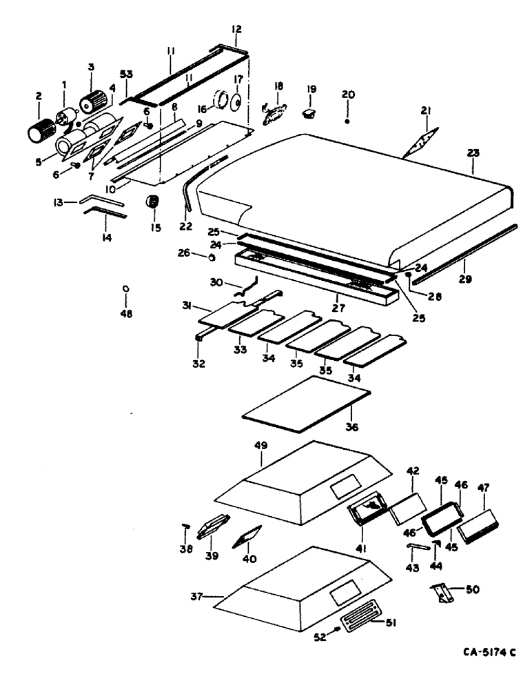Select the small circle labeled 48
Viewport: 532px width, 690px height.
coord(125,288)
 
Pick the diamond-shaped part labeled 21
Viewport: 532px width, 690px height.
coord(422,143)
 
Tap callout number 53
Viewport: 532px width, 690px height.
coord(127,74)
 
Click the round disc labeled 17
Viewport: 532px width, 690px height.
coord(236,102)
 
